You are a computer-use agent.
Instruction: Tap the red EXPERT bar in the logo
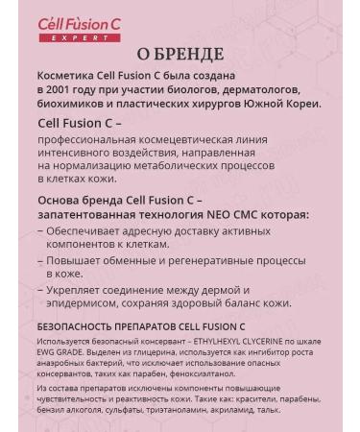[74, 36]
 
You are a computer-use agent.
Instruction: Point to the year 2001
[60, 89]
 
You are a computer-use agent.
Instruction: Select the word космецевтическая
[204, 140]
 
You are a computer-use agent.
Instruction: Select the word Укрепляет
[82, 289]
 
